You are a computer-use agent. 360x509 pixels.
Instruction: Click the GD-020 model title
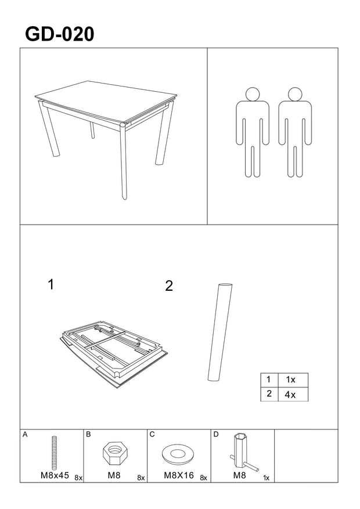click(60, 34)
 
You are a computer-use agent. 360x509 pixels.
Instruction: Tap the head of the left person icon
click(253, 94)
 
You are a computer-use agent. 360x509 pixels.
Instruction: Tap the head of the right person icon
click(295, 94)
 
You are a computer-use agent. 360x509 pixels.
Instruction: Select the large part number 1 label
click(51, 284)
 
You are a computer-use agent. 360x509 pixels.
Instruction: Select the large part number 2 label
click(169, 286)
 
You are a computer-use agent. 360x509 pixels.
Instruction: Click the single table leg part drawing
click(220, 333)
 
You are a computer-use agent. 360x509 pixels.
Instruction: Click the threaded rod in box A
click(55, 452)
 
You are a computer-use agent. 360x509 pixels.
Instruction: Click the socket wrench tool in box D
click(243, 453)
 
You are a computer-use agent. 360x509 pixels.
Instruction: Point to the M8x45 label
click(55, 475)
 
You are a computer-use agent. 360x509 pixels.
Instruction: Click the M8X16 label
click(179, 475)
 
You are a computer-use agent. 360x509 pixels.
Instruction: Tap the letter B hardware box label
click(89, 435)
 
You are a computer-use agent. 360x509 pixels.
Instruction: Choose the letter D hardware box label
click(216, 435)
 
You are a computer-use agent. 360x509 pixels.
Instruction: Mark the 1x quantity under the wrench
click(267, 478)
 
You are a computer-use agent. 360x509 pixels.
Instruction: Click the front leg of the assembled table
click(123, 161)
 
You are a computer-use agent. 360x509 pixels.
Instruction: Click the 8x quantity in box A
click(78, 478)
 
